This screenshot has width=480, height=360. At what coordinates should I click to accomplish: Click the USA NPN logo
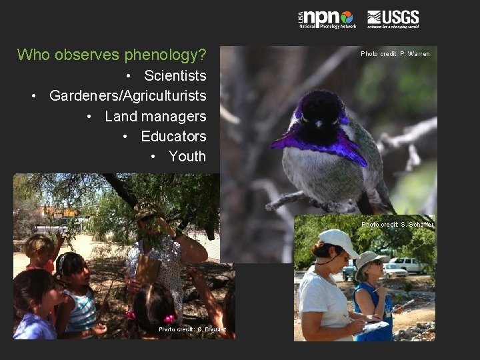click(x=327, y=19)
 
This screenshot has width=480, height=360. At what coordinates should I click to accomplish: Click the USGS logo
click(x=393, y=19)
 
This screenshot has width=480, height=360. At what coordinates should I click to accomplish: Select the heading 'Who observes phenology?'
click(x=111, y=55)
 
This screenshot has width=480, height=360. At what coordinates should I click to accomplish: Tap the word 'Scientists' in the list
click(x=175, y=75)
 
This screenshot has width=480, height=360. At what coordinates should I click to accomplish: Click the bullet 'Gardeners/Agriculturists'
click(x=127, y=96)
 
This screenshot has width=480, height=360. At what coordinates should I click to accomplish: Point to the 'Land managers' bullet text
click(x=155, y=116)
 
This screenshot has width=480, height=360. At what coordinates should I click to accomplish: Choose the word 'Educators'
click(x=173, y=136)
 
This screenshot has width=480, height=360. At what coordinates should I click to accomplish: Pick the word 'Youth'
click(x=187, y=157)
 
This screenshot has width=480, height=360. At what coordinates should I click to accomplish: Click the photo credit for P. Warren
click(x=395, y=54)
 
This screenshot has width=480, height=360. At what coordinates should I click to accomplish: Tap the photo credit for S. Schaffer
click(x=397, y=225)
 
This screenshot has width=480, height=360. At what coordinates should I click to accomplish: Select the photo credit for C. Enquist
click(x=192, y=329)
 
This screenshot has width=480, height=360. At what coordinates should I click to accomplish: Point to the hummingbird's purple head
click(x=321, y=107)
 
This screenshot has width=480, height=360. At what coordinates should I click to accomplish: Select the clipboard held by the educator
click(x=147, y=269)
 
